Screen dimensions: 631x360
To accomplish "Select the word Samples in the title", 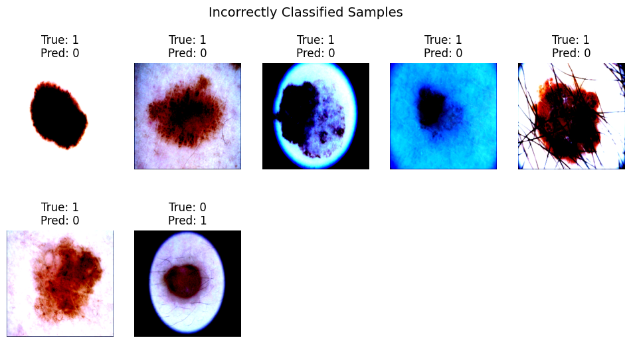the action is tap(375, 13).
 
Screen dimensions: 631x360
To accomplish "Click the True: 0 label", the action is tap(187, 207).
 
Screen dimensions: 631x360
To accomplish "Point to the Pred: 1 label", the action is tap(187, 221).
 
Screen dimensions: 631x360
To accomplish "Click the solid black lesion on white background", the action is tap(58, 116).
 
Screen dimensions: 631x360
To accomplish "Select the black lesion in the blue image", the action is tap(432, 108).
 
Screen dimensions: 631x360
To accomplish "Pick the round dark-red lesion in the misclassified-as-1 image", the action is tap(183, 281).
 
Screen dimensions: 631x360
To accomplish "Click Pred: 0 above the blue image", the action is tap(443, 53).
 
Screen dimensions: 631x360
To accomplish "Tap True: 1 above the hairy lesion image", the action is tap(571, 40).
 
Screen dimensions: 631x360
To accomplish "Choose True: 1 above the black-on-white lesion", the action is tap(60, 40).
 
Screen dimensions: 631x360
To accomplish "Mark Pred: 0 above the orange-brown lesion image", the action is tap(60, 221).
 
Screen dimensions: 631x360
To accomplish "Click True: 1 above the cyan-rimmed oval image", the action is tap(315, 40).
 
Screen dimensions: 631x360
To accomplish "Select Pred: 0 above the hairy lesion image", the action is tap(571, 53).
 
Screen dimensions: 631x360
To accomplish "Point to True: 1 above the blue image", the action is tap(443, 40).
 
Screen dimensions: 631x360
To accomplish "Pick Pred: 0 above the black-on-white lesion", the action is tap(60, 53).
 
